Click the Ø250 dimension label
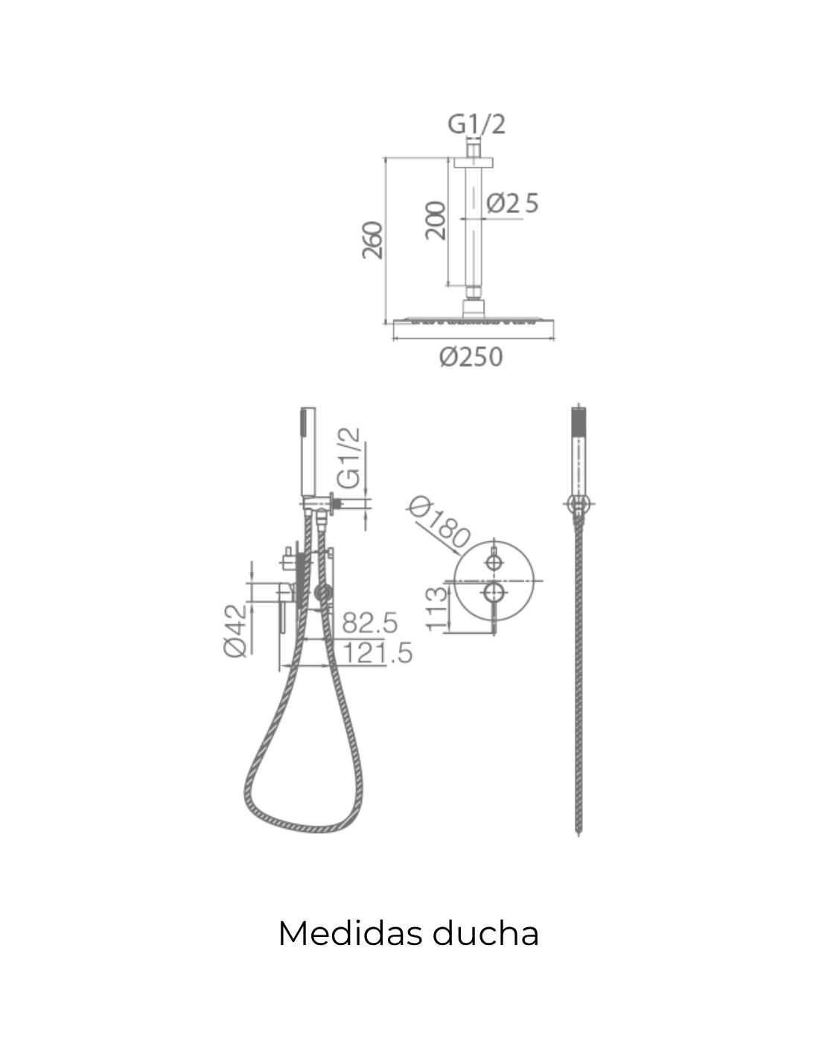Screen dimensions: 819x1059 point(471,357)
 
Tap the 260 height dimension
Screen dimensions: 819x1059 point(372,241)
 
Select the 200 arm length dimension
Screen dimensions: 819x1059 point(436,220)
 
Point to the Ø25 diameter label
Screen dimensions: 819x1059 point(512,203)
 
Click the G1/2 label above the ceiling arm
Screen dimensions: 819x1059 point(477,124)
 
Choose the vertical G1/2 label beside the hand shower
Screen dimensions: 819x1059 point(349,458)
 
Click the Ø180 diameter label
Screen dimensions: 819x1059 point(439,522)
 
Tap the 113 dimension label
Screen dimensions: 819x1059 point(436,610)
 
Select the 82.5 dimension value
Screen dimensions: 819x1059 point(370,623)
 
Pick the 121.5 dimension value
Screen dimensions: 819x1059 point(377,653)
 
